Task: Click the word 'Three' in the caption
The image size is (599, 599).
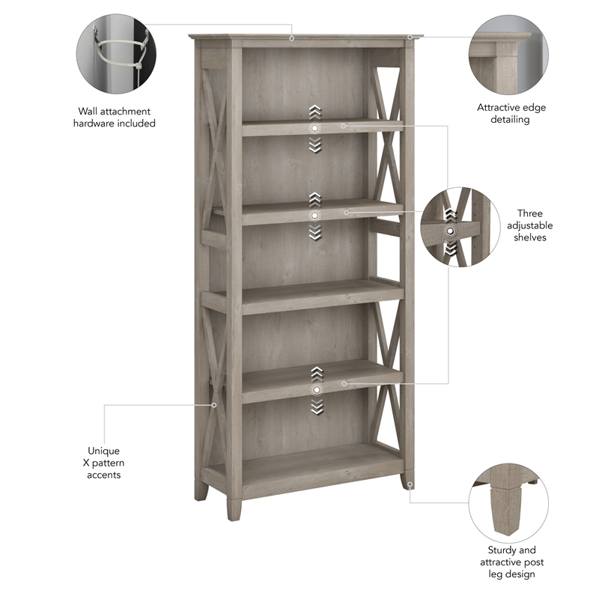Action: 529,213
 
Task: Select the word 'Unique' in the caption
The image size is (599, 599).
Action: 103,451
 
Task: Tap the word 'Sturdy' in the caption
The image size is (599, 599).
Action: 499,550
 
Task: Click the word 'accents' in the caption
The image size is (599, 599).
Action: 103,475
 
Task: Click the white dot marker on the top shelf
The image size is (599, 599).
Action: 315,128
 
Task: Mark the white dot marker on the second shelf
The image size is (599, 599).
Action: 315,215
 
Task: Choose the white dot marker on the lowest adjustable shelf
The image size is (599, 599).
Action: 315,389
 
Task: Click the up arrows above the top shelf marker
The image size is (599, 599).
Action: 315,112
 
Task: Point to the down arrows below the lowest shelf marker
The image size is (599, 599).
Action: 315,407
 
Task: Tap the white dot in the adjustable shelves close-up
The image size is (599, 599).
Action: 450,232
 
